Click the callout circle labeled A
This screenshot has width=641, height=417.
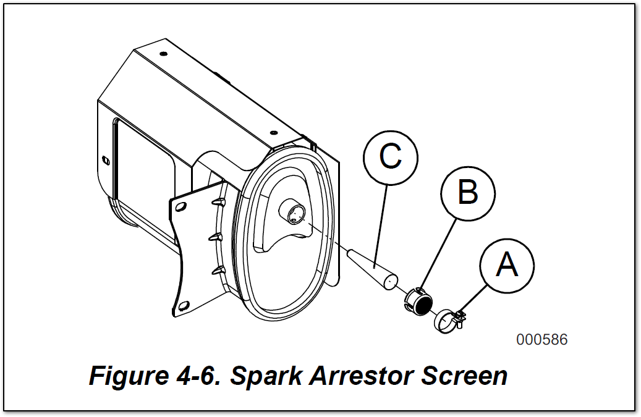pyautogui.click(x=507, y=266)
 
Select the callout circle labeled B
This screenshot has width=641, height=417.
pyautogui.click(x=468, y=193)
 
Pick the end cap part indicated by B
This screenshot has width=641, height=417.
pyautogui.click(x=418, y=301)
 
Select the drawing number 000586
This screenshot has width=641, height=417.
pyautogui.click(x=541, y=340)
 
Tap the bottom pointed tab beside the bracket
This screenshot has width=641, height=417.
pyautogui.click(x=216, y=270)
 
